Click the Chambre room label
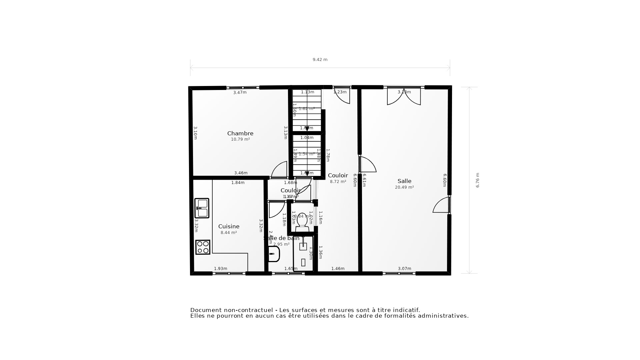240,133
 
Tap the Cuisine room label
229,226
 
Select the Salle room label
404,181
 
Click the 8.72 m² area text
338,182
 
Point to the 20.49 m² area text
404,187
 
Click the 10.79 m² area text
240,139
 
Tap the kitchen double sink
202,208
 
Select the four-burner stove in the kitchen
203,247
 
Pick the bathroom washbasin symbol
274,254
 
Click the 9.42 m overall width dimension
320,60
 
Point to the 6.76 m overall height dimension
477,180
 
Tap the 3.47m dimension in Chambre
240,93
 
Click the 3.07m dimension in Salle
404,269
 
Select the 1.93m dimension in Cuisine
220,269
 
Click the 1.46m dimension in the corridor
338,269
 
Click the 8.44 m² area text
229,233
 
